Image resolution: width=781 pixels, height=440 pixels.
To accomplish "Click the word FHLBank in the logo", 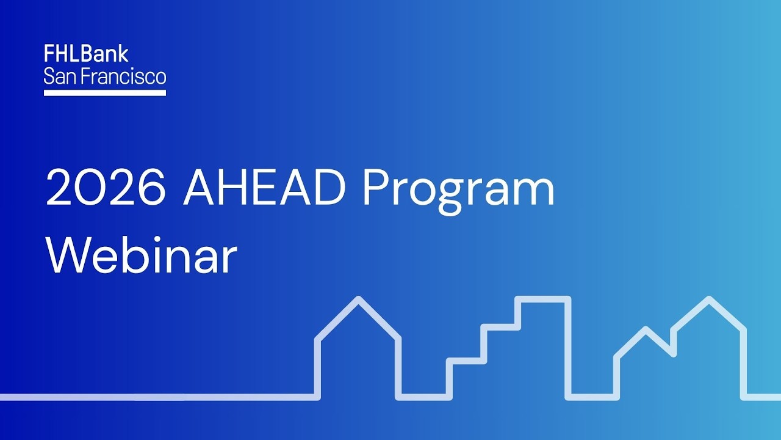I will click(x=86, y=54).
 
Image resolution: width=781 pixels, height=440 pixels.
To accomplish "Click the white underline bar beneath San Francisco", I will click(x=105, y=93).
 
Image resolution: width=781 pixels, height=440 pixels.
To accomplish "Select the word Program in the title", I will click(x=458, y=191).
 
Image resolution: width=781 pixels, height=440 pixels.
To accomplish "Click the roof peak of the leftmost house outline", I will click(x=358, y=299).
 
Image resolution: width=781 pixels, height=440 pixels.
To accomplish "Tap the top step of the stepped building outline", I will click(x=542, y=299).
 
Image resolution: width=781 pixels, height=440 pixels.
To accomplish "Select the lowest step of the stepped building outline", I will click(x=466, y=361).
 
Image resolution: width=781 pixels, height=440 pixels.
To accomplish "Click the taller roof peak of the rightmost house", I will click(x=708, y=299).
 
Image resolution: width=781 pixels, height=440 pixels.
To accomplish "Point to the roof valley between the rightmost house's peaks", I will click(x=673, y=353).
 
